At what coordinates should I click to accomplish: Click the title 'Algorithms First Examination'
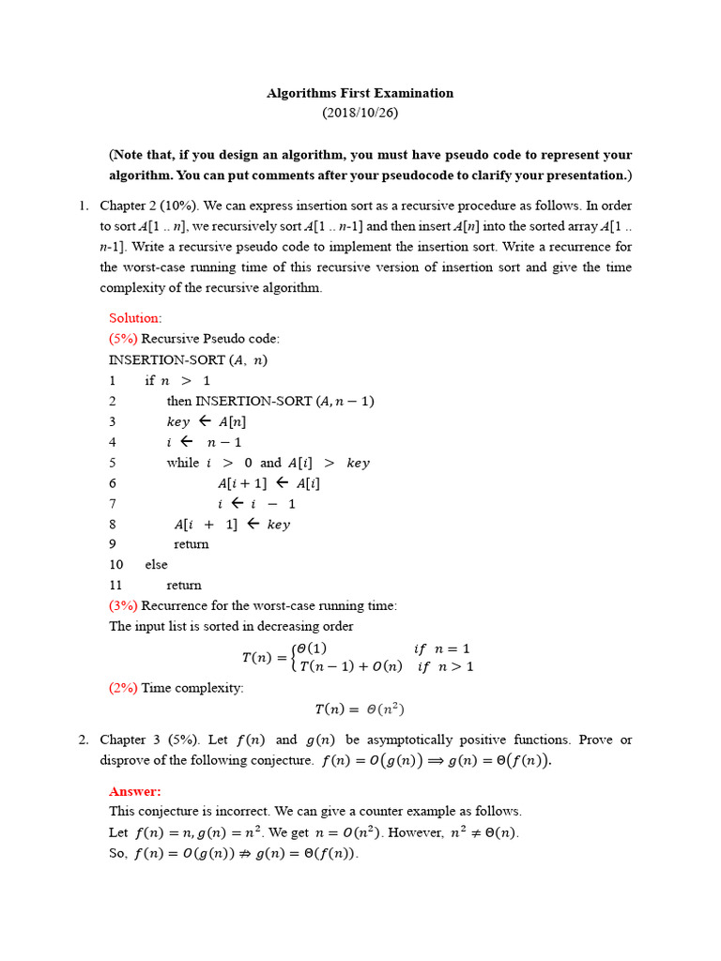pos(360,93)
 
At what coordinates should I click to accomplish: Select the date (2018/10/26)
pos(360,113)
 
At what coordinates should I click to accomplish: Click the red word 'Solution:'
pos(135,318)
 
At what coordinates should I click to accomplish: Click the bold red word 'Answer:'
pos(135,791)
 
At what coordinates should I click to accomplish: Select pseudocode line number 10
pos(116,564)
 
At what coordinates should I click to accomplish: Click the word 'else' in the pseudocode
pos(156,564)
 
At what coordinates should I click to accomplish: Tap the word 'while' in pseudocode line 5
pos(182,463)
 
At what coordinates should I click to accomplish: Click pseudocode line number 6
pos(113,483)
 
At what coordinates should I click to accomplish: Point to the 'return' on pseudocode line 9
pos(192,543)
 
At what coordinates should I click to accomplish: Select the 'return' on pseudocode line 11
pos(184,585)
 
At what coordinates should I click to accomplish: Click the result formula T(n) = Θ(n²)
pos(360,709)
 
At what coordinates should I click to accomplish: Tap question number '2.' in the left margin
pos(84,740)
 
